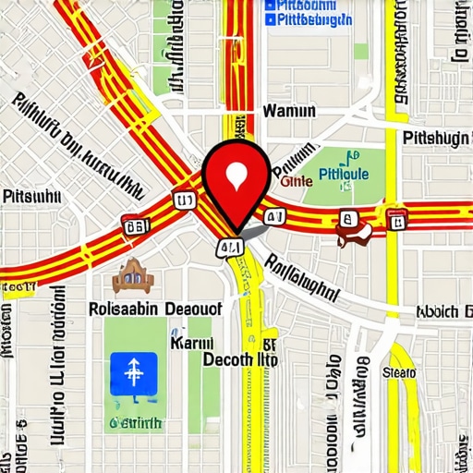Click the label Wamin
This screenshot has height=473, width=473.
coord(289,112)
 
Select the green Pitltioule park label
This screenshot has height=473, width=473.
coord(343,173)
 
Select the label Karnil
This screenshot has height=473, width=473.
coord(194,343)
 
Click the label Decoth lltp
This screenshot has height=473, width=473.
coord(240,360)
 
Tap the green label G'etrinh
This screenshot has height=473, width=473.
coord(136,422)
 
